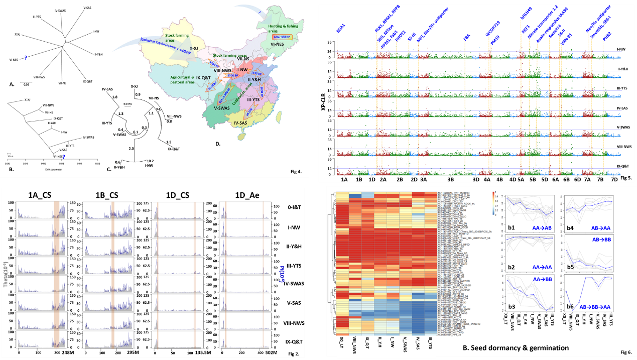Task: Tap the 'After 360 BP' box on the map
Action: click(x=283, y=37)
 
